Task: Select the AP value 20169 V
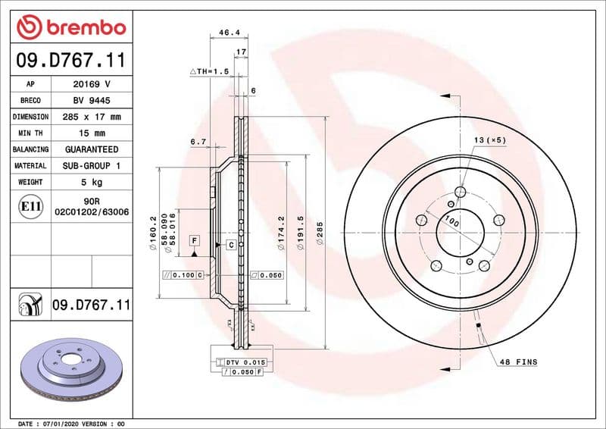click(92, 84)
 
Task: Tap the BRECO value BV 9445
click(92, 101)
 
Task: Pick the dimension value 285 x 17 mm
click(92, 117)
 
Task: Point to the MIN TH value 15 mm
click(92, 133)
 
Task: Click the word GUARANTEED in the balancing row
click(92, 150)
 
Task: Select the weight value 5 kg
click(92, 182)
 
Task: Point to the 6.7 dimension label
click(198, 142)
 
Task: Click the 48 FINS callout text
click(518, 362)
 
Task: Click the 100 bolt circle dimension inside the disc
click(452, 221)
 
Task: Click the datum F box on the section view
click(194, 240)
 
